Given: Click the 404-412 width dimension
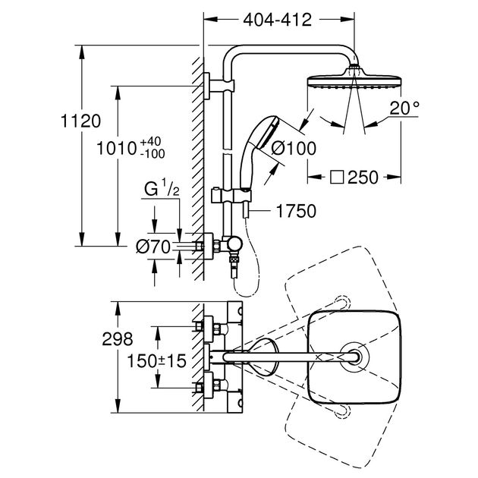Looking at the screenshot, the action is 277,20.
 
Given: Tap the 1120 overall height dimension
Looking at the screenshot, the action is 80,121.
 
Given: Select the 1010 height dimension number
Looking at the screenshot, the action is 116,149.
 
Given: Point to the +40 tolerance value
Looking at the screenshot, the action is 150,142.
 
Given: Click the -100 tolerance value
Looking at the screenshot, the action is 153,154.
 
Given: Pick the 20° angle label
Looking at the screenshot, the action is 404,108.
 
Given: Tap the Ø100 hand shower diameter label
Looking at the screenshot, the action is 294,149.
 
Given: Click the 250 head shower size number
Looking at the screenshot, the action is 363,177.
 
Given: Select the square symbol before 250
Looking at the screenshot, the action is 337,177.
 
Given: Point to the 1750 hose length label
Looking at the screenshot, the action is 296,211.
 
